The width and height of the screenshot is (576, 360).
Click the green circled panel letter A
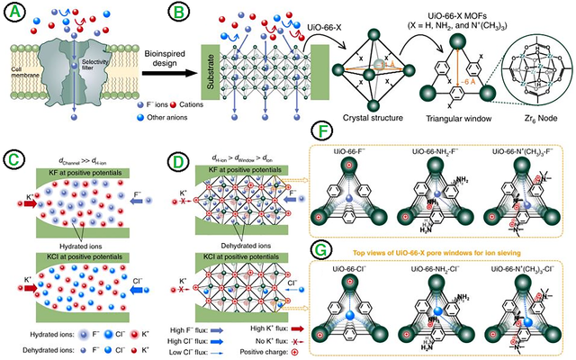pos(15,14)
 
